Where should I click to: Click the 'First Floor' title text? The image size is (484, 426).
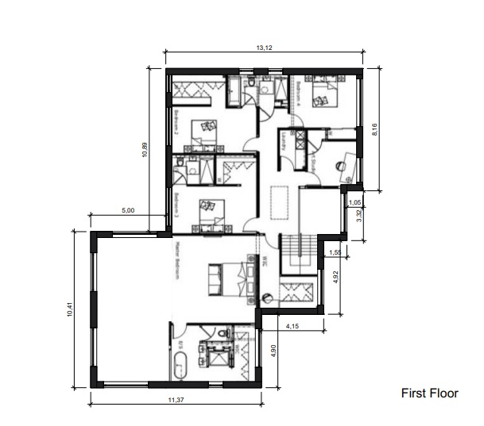(429, 393)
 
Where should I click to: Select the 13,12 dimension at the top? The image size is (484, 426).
(264, 48)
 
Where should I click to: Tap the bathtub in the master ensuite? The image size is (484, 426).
(180, 366)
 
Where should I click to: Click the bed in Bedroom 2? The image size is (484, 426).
(205, 132)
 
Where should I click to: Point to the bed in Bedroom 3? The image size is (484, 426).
(208, 210)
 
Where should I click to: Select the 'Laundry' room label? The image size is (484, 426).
(282, 141)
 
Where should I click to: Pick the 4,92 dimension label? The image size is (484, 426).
(335, 277)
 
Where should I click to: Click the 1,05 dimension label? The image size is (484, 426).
(354, 203)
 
